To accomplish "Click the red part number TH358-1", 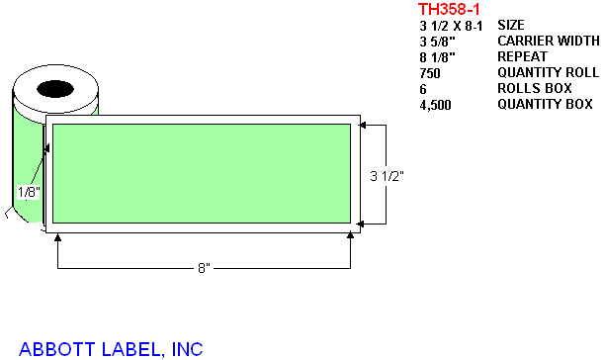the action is (449, 9).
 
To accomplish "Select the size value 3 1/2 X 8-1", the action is (451, 26).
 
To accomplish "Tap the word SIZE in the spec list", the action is (511, 25).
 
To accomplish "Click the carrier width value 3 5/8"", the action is (438, 42).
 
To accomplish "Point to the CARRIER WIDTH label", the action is (549, 41).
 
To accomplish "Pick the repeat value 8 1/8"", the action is (438, 57).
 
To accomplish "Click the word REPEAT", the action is (522, 56).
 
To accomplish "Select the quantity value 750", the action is (430, 73).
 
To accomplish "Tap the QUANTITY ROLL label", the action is (549, 72).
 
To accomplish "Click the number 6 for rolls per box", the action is (423, 89).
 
